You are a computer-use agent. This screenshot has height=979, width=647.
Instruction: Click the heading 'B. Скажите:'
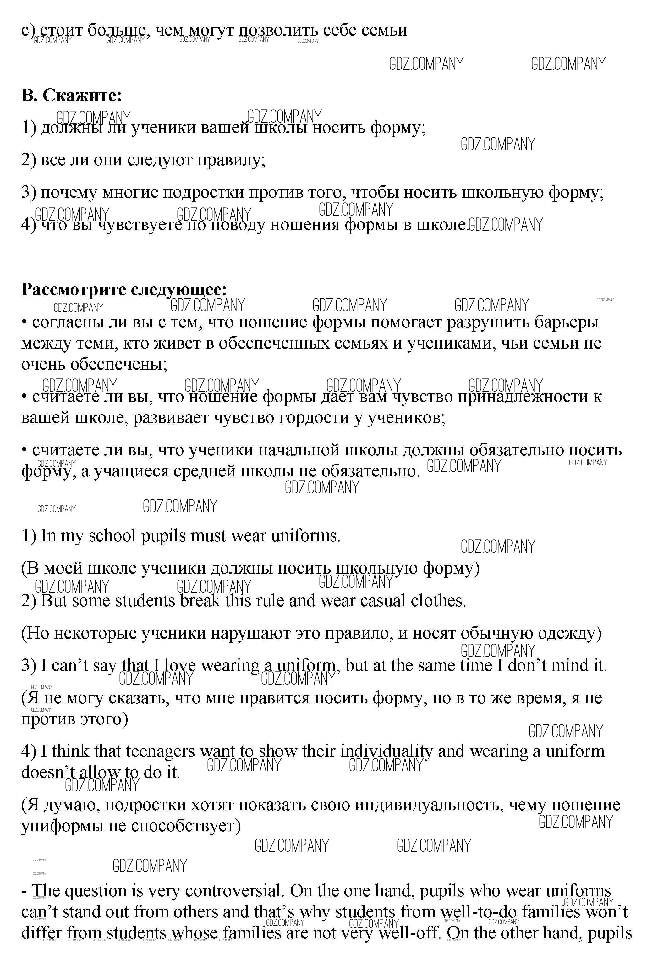coord(71,96)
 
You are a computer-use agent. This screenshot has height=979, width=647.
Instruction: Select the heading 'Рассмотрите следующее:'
coord(124,289)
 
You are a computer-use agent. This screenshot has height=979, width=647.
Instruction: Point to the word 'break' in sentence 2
coord(200,601)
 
